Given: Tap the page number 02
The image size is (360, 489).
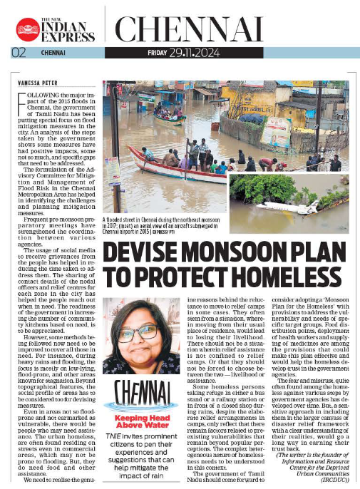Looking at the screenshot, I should point(16,52).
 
